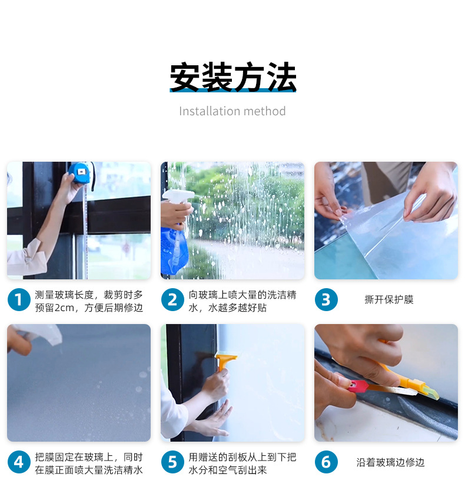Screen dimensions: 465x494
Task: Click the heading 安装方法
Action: (232, 77)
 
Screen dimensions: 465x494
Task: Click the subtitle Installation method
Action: (232, 111)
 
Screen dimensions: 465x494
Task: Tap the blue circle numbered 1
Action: (19, 299)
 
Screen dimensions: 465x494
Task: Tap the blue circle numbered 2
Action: (172, 299)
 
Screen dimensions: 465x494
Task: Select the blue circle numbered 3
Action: (326, 299)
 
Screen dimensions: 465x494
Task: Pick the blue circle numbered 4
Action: (19, 462)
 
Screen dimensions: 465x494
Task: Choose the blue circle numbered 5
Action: (172, 462)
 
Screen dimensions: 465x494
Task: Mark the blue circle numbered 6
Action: (326, 462)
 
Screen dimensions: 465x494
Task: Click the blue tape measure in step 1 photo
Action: (81, 173)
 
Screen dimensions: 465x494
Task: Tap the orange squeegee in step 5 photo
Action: (224, 362)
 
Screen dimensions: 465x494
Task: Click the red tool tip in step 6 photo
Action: (357, 386)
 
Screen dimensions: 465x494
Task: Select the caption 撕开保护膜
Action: (388, 299)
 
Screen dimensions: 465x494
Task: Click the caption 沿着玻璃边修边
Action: (390, 462)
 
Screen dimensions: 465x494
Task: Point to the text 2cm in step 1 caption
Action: (64, 308)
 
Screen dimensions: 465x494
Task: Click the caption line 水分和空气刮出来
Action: (228, 470)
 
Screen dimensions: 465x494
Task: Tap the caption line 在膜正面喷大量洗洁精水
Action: (89, 470)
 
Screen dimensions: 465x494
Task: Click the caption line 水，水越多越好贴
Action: (228, 308)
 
